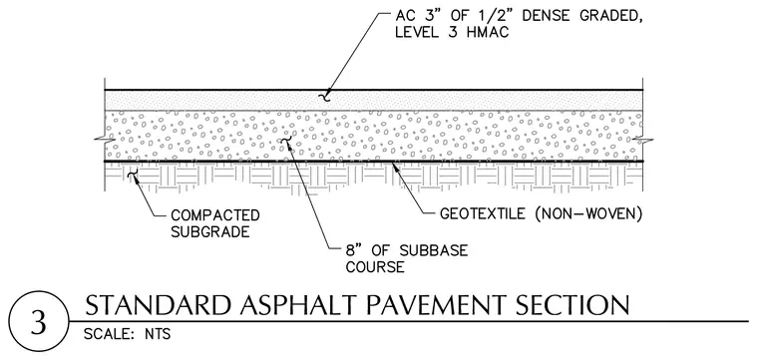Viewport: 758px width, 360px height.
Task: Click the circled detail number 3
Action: point(39,323)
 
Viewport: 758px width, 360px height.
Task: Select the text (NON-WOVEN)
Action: point(588,213)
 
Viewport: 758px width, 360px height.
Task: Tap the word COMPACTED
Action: point(215,215)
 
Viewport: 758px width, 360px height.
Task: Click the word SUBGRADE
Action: point(210,232)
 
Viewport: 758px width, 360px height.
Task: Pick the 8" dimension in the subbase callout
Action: point(354,250)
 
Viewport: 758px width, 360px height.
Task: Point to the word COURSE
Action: point(375,267)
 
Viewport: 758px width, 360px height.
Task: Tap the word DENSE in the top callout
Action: point(554,16)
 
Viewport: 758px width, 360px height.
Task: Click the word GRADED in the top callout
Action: point(615,17)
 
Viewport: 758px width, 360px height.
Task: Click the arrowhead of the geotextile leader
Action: point(396,166)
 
